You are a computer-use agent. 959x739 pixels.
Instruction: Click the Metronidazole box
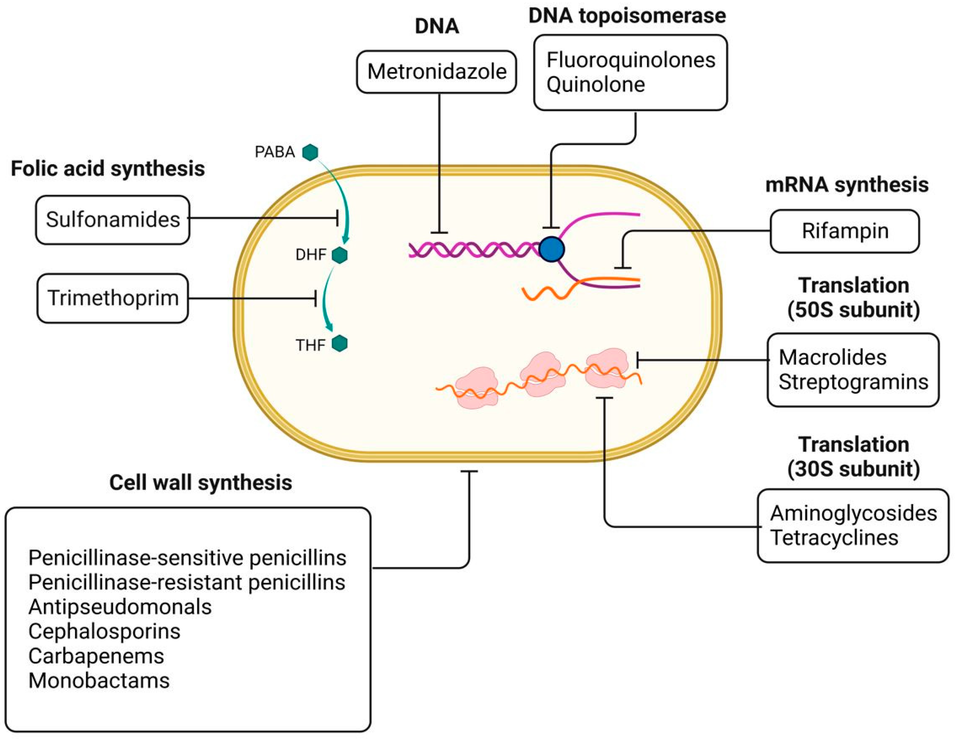tap(436, 72)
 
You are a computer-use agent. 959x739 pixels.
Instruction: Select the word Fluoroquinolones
tap(631, 60)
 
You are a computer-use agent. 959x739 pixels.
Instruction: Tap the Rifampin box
tap(844, 231)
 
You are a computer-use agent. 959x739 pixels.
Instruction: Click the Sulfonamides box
tap(113, 220)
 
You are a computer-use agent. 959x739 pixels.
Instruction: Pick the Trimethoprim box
tap(113, 298)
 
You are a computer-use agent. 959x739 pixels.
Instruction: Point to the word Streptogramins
tap(853, 381)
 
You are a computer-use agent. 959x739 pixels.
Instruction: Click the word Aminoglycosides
tap(853, 513)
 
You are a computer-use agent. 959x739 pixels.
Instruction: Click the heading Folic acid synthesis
tap(107, 169)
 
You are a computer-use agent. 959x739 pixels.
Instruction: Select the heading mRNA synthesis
tap(847, 184)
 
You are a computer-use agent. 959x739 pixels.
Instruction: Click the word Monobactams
tap(99, 681)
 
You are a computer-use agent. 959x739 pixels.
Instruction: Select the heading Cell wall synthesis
tap(201, 483)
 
